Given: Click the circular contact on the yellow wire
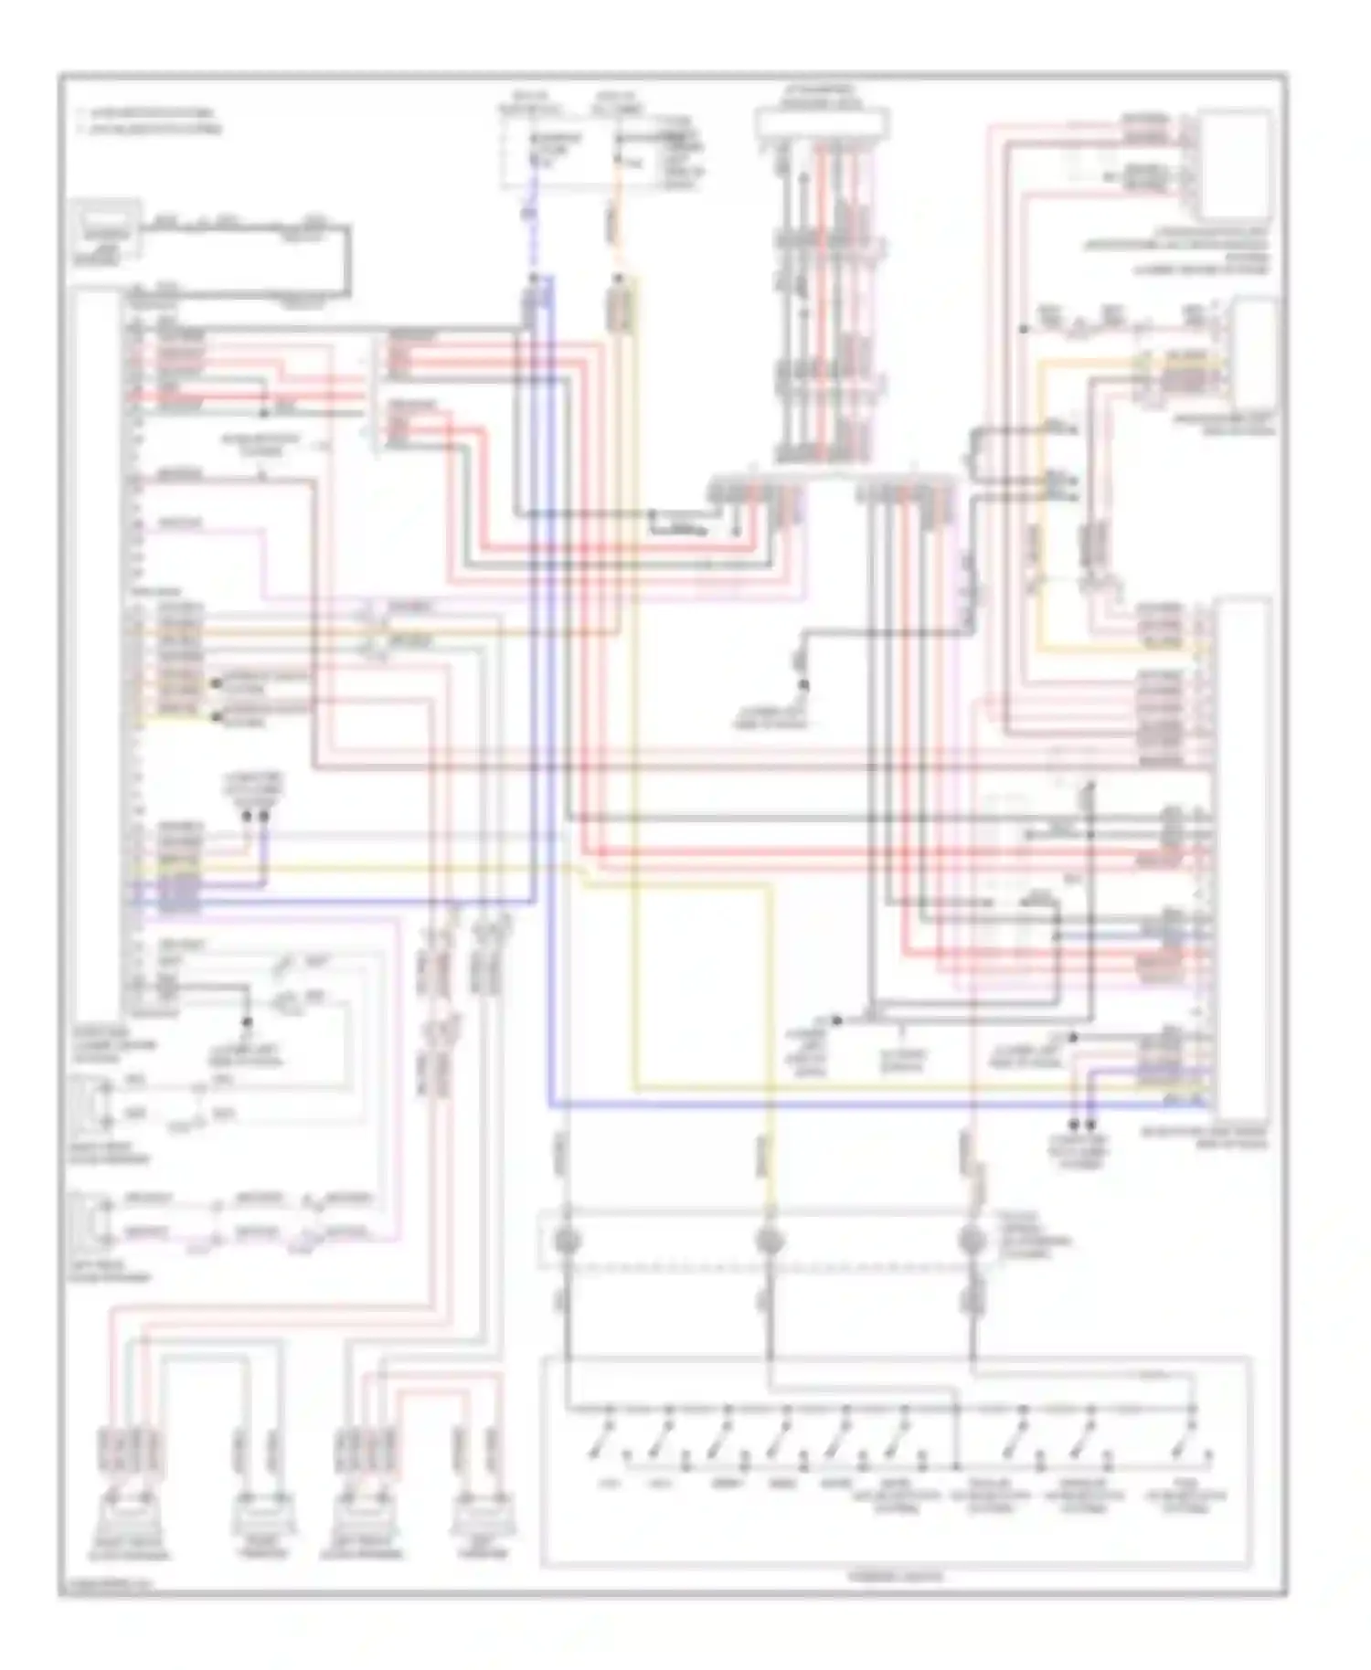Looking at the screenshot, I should [x=771, y=1241].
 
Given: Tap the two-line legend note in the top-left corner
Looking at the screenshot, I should [x=151, y=122].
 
